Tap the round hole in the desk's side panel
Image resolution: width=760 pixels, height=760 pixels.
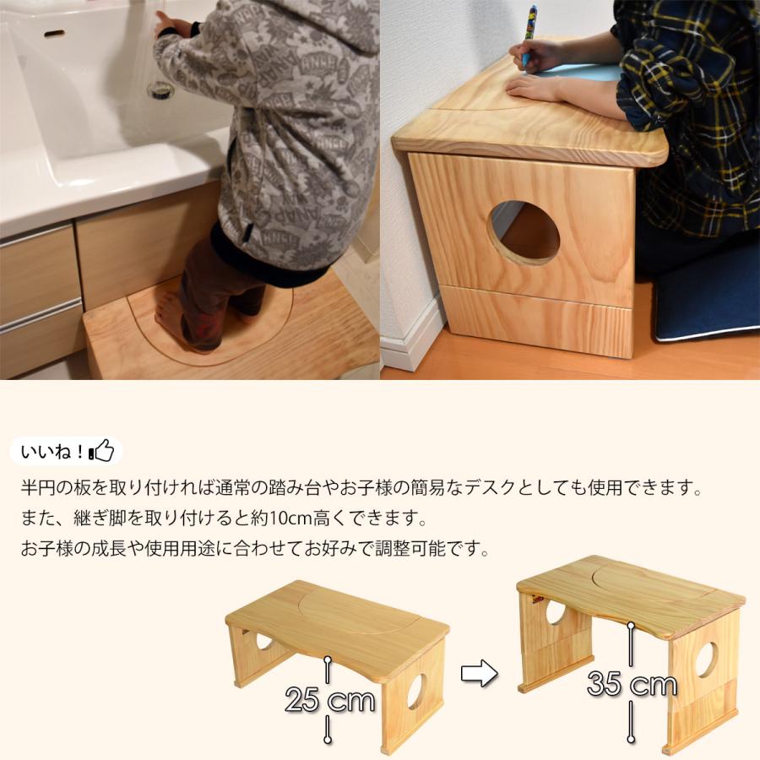pos(524,233)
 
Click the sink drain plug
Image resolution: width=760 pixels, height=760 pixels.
pos(160,90)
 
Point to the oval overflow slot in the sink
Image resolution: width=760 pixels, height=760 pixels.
pos(53,34)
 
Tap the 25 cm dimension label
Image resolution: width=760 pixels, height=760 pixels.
pos(329,699)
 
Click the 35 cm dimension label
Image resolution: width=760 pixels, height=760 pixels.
pos(632,684)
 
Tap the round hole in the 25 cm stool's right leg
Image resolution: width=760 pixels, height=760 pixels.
pos(415,692)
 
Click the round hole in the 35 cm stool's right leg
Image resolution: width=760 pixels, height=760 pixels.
pos(706,660)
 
